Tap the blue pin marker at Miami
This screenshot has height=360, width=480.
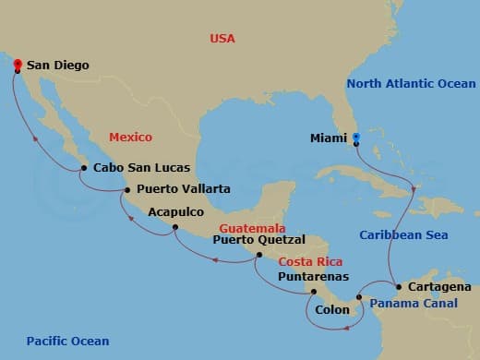click(356, 139)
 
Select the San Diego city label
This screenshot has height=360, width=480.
click(57, 66)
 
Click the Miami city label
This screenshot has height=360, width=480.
click(328, 141)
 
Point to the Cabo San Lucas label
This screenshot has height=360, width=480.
click(141, 168)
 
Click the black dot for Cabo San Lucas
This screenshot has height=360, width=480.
click(84, 168)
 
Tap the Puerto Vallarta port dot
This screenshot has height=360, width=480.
click(126, 190)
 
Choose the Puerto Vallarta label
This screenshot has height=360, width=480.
click(183, 189)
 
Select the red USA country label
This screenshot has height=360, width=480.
click(222, 39)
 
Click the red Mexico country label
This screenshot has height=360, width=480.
click(130, 137)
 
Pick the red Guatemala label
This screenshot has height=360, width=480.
click(252, 228)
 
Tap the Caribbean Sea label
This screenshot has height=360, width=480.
click(403, 235)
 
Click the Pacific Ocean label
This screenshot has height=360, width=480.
click(67, 342)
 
